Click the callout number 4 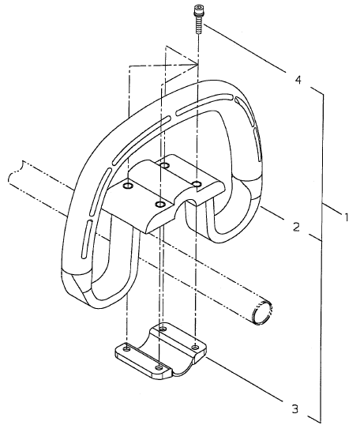pos(298,80)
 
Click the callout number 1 pos(346,217)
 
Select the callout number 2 pos(296,227)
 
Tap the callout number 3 pos(294,409)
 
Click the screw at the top pos(197,19)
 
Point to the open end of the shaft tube pos(262,312)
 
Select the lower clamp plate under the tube pos(161,351)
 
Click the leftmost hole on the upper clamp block pos(128,186)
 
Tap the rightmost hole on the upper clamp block pos(197,183)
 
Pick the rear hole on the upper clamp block pos(164,165)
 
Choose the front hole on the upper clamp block pos(159,205)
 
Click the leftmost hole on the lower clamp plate pos(126,348)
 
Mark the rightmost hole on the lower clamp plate pos(195,347)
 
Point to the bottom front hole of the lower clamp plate pos(158,367)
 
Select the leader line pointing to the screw pos(245,49)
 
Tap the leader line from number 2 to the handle pos(272,213)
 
